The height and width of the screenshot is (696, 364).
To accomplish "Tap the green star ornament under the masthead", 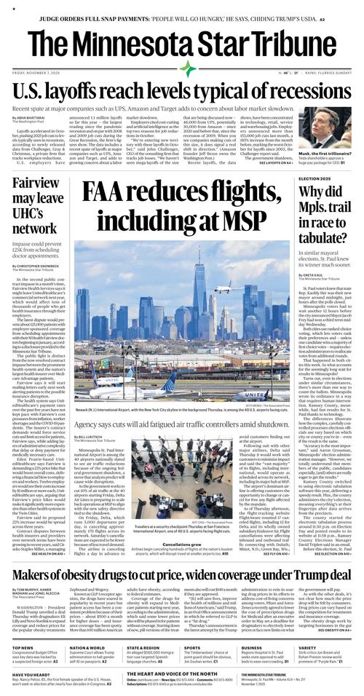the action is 189,68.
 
